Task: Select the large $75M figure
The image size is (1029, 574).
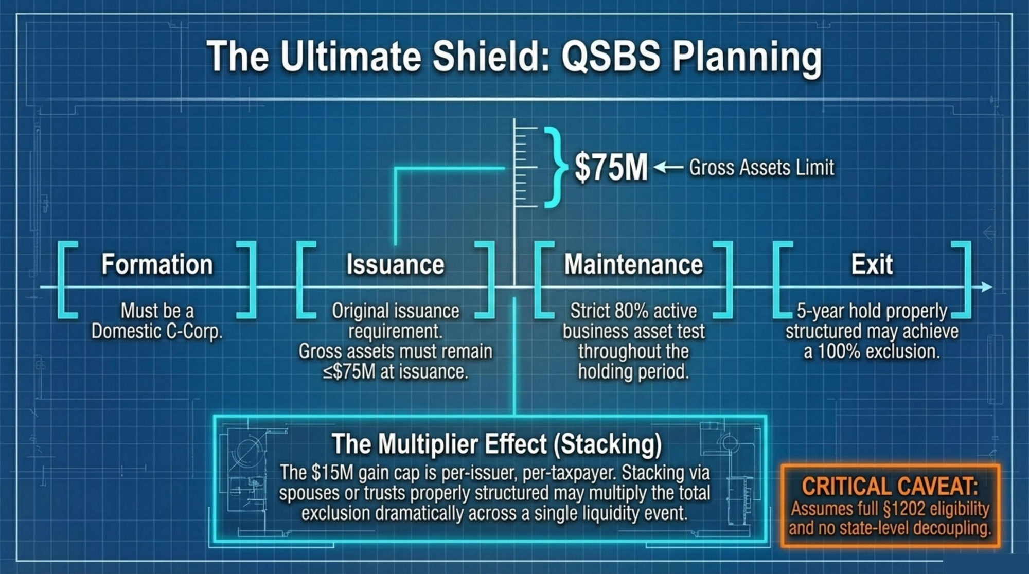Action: click(611, 167)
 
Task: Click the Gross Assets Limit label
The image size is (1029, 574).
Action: click(761, 168)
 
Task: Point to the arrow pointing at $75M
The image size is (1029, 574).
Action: click(668, 167)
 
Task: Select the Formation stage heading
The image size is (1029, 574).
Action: click(157, 264)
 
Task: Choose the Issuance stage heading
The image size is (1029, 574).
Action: click(395, 264)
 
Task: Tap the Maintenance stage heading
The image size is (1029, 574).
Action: click(633, 264)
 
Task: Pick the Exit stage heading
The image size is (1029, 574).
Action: click(872, 264)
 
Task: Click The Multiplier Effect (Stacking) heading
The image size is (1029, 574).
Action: click(496, 444)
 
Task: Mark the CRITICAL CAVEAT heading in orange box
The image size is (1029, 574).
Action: click(890, 486)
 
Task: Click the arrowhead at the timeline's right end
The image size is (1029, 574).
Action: click(986, 287)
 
